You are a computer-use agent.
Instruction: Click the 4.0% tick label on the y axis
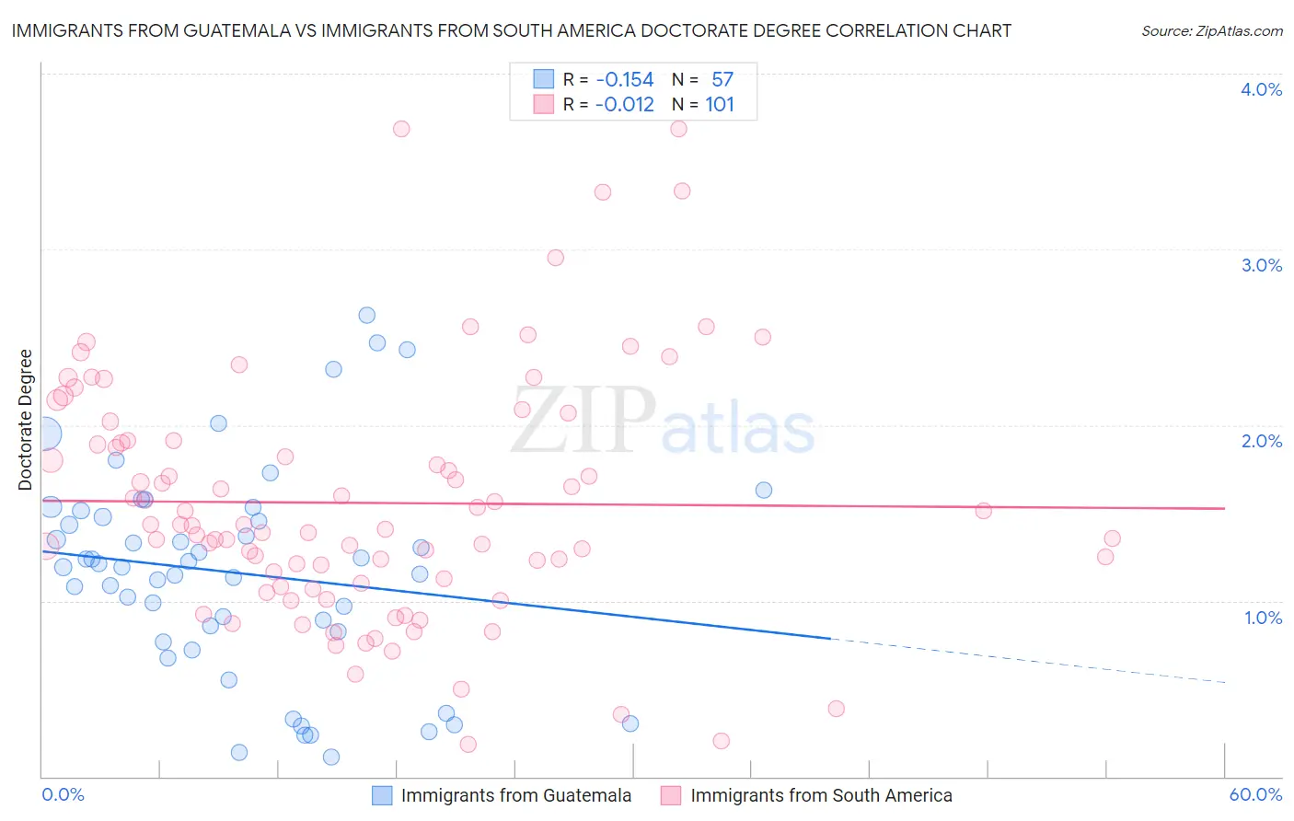1261,89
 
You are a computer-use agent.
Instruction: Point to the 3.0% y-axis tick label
1261,265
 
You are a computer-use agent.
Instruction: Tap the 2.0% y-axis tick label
1261,441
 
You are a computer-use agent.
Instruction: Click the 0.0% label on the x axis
63,794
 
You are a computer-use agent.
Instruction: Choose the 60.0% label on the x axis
1255,794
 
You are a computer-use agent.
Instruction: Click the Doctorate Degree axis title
25,420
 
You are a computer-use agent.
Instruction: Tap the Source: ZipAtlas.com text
1211,30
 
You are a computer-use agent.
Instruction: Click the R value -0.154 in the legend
624,79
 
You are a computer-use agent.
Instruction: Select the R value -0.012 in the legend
624,104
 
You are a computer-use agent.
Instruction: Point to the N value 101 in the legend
720,104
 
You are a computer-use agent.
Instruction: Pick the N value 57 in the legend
722,79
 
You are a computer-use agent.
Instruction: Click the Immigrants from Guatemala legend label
516,795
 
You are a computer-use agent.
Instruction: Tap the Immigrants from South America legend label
821,795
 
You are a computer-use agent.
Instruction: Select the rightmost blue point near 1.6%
764,490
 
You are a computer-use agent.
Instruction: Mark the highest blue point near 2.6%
366,315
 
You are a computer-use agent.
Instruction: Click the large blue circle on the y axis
43,433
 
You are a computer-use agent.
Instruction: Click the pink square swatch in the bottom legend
671,795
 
